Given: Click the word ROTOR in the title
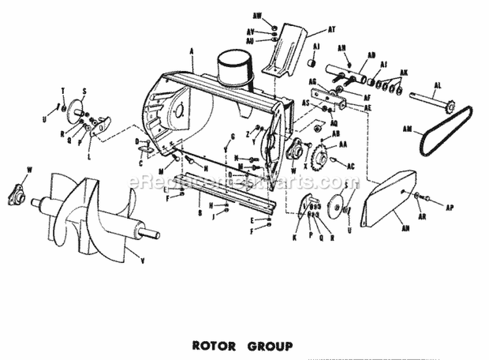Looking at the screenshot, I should coord(212,346).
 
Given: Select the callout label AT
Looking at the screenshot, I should coord(331,29).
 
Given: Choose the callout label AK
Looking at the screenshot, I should coord(405,72).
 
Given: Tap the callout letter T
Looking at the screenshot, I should coord(64,90).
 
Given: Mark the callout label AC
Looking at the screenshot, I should coord(350,166).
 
